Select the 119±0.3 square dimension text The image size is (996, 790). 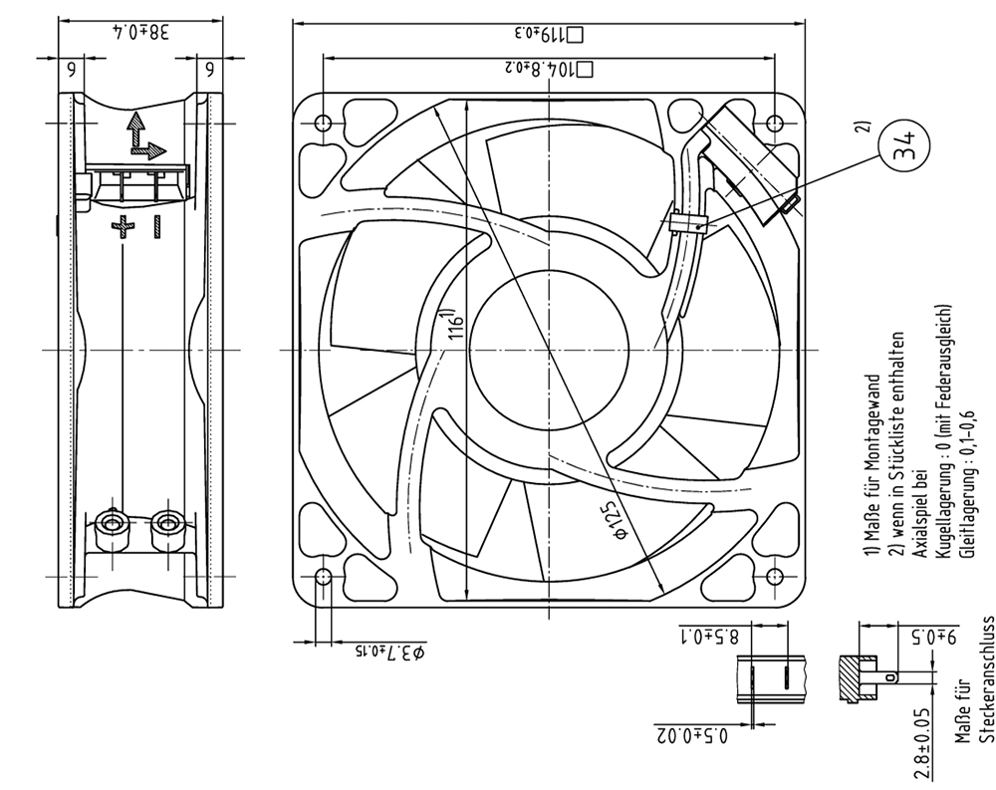(x=548, y=34)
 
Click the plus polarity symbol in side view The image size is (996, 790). (x=124, y=227)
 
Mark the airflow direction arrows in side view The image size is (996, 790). (x=145, y=135)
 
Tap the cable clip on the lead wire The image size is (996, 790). (x=686, y=224)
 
